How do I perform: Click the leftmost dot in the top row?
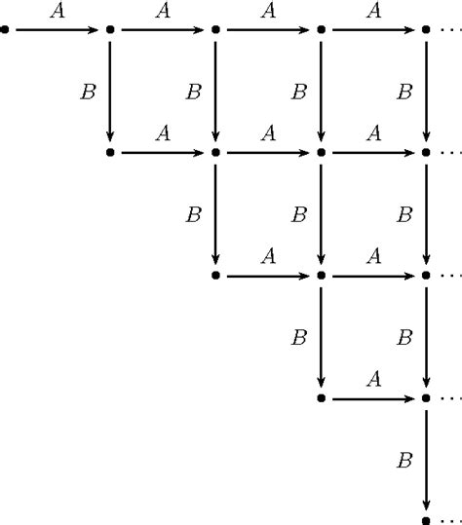[5, 30]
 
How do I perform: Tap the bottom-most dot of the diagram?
[426, 521]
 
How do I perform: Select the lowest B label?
[404, 460]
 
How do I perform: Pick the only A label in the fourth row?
[374, 379]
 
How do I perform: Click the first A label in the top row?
[58, 11]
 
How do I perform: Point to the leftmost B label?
[89, 92]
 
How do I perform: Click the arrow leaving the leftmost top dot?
[57, 30]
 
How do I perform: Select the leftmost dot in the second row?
[110, 153]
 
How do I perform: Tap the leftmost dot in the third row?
[215, 276]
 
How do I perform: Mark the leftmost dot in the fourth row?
[321, 398]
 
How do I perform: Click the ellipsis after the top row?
[451, 30]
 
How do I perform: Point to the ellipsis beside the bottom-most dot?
[451, 521]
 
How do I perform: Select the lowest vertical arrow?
[426, 460]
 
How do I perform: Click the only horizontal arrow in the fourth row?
[373, 398]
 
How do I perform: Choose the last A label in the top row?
[374, 11]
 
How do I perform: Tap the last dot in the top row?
[426, 30]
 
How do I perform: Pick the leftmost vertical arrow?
[110, 92]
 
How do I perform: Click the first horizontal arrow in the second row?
[163, 153]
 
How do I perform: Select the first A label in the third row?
[268, 256]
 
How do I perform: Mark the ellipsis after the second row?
[451, 153]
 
